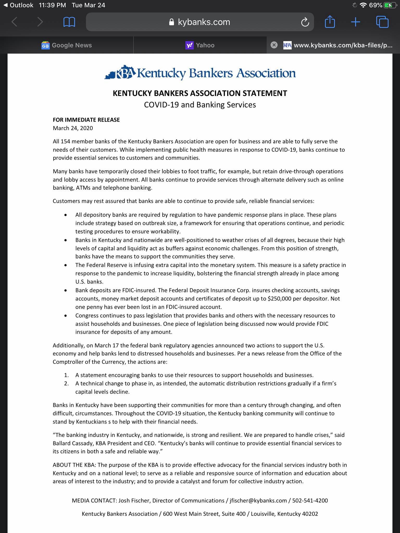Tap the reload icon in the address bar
point(305,22)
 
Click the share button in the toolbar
point(330,22)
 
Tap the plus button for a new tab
point(355,22)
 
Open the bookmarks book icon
point(69,22)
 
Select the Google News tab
point(67,45)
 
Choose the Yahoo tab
point(200,45)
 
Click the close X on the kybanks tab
point(274,45)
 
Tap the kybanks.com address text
point(204,22)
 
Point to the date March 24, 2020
point(73,128)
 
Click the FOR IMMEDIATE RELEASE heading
point(86,120)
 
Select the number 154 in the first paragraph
point(65,142)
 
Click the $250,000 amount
point(279,299)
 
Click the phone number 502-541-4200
point(310,500)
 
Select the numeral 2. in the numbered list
point(66,383)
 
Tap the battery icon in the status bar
point(390,5)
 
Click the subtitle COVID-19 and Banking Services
point(200,105)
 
